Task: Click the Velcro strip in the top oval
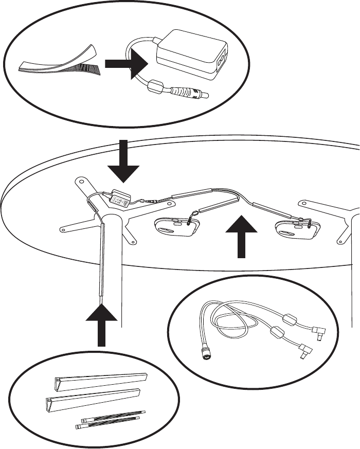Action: (x=57, y=64)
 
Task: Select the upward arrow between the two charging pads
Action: (x=241, y=237)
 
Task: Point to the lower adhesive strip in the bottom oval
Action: (x=107, y=423)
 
